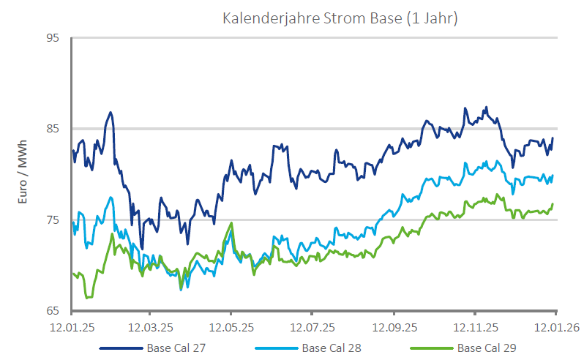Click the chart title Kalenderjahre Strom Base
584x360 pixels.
[340, 18]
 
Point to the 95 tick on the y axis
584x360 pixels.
[53, 37]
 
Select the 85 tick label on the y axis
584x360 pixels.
[53, 129]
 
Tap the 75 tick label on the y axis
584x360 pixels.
[53, 220]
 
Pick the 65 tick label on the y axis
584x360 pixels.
[53, 311]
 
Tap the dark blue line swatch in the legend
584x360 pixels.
[121, 348]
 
